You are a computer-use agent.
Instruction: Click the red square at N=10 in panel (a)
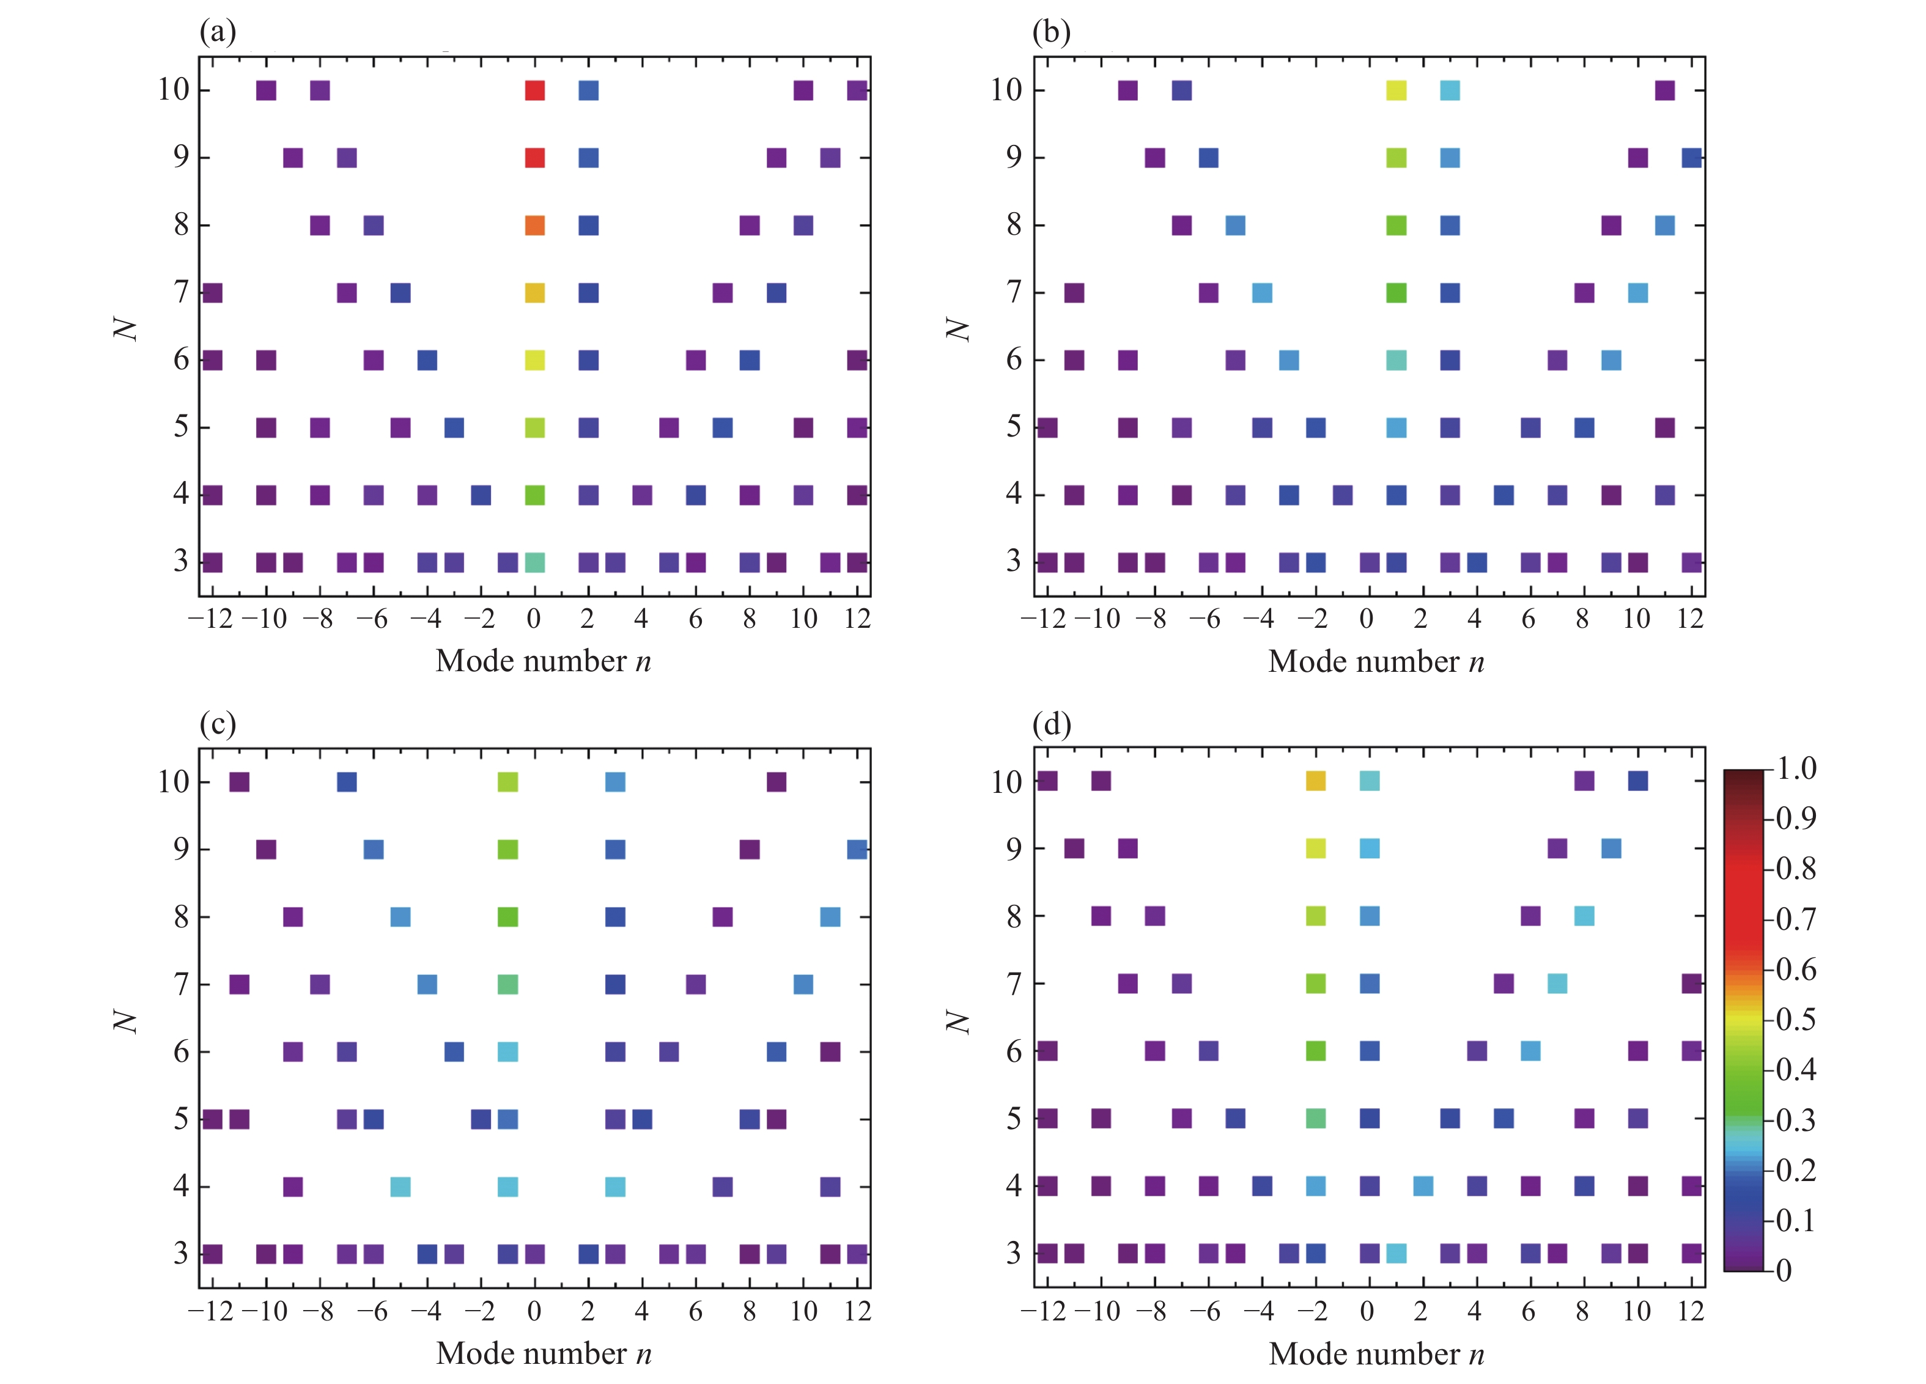pos(534,90)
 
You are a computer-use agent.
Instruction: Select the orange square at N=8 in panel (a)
pos(534,225)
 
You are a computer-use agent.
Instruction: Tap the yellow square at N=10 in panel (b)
pos(1396,90)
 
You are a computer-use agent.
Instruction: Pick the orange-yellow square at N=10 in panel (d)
pos(1315,780)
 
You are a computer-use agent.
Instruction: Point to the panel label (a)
pos(218,32)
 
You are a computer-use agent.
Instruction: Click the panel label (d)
pos(1051,724)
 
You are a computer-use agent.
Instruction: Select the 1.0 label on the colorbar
pos(1795,768)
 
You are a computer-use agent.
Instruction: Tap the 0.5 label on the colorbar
pos(1795,1019)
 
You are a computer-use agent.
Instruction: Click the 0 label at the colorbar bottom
pos(1784,1270)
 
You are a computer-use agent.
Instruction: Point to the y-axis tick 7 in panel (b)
pos(1014,292)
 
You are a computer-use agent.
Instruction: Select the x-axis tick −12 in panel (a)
pos(210,619)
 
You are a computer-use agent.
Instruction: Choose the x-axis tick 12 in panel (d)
pos(1691,1312)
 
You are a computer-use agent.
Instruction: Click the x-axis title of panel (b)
pos(1376,661)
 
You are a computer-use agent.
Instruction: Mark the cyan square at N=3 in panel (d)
pos(1396,1253)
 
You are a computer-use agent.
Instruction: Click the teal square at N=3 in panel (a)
pos(534,562)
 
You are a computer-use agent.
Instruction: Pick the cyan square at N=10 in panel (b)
pos(1450,90)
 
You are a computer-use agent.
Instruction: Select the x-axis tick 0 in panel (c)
pos(534,1312)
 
